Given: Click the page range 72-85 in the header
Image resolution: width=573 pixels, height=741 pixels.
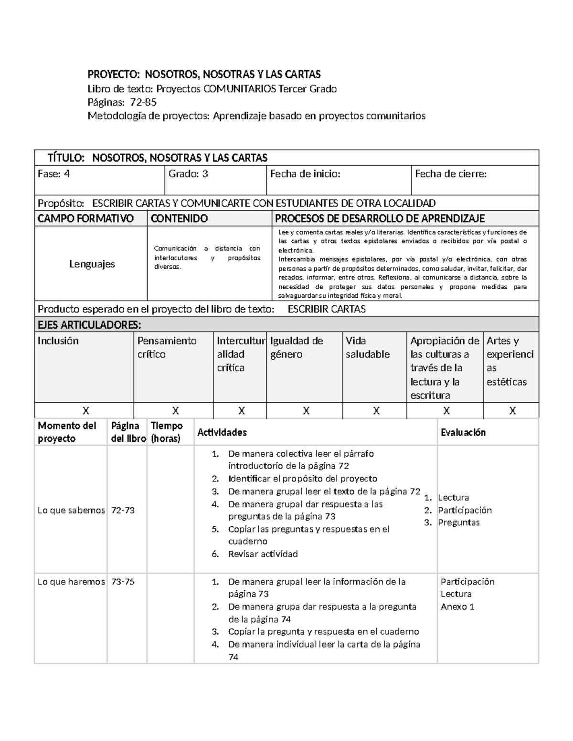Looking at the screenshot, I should (143, 102).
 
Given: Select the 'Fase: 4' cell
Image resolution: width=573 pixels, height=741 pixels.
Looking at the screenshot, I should (53, 174).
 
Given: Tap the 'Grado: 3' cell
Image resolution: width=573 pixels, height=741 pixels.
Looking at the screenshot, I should (188, 174).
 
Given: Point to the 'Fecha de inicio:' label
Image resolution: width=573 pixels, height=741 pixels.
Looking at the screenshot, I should (305, 174).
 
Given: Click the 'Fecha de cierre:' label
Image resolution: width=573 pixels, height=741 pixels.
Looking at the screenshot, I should (450, 174).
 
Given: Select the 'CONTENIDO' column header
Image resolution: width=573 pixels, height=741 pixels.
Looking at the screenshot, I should (179, 219).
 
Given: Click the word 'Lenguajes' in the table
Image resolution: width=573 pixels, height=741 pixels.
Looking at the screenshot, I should (92, 264).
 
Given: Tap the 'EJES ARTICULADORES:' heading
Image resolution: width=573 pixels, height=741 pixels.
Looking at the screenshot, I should (89, 325).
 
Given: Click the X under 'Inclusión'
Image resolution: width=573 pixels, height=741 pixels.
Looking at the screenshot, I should (85, 411).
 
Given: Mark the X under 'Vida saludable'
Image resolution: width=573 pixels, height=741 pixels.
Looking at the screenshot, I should (376, 411).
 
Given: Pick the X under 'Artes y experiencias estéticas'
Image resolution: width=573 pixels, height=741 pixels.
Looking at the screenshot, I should (512, 411).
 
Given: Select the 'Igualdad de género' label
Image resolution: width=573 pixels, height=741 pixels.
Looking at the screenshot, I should (297, 347).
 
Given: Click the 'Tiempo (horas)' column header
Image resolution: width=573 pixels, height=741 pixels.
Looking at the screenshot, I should (167, 432).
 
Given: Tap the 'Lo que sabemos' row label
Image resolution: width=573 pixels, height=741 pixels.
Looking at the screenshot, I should (71, 510).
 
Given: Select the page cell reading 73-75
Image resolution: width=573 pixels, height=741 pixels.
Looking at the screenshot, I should (123, 582).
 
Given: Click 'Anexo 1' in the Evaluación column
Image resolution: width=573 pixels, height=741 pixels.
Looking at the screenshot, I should (457, 607).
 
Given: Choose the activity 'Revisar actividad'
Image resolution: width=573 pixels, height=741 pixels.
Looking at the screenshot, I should (263, 554).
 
